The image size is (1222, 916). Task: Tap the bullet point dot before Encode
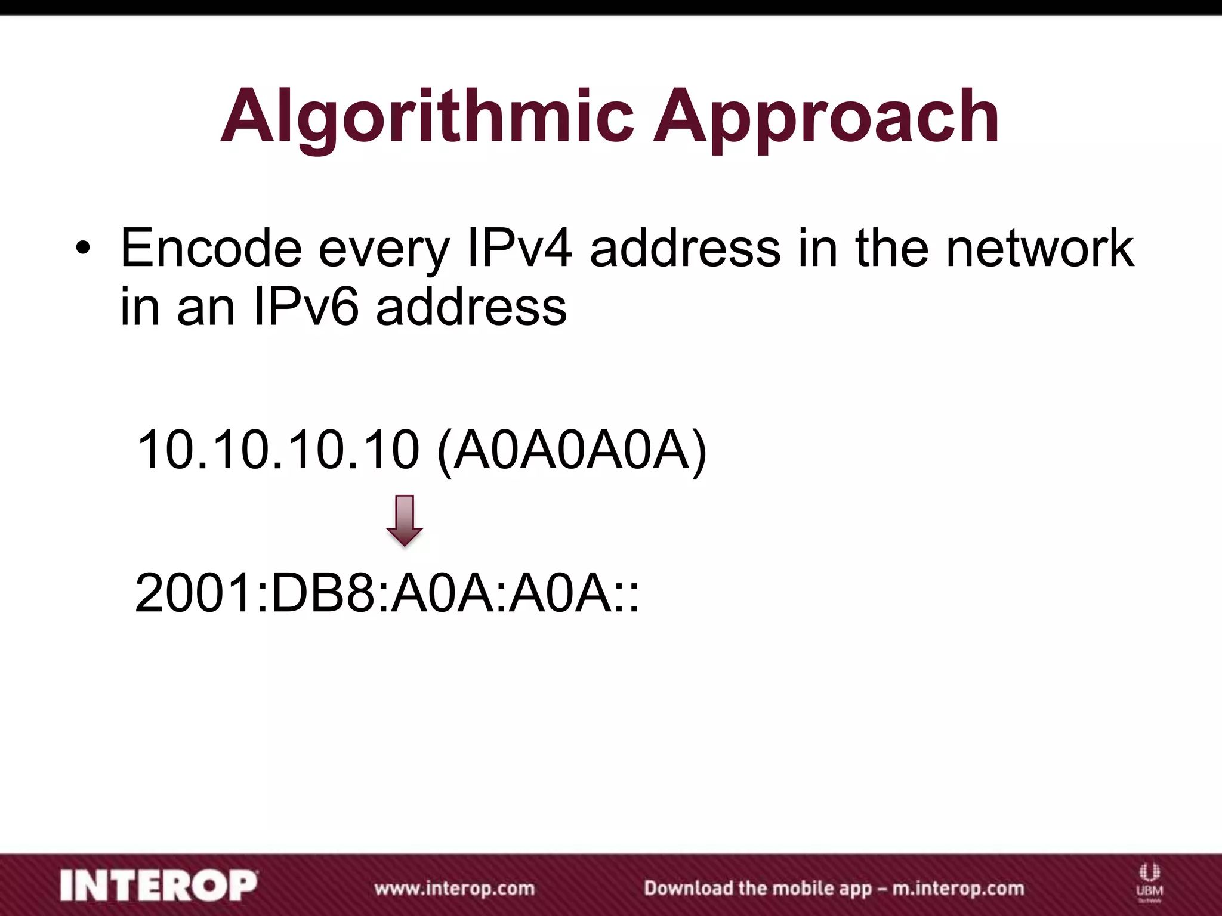83,248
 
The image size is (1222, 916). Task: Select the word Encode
211,248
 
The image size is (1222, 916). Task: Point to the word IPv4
519,248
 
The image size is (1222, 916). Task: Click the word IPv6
306,308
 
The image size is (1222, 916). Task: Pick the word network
1039,248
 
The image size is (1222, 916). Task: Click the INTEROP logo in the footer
159,886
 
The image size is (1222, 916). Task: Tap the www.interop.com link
454,889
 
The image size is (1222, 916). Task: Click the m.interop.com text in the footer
958,889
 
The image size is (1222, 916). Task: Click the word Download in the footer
688,889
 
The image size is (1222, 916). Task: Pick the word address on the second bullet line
471,308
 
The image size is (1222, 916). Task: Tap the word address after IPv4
685,248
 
